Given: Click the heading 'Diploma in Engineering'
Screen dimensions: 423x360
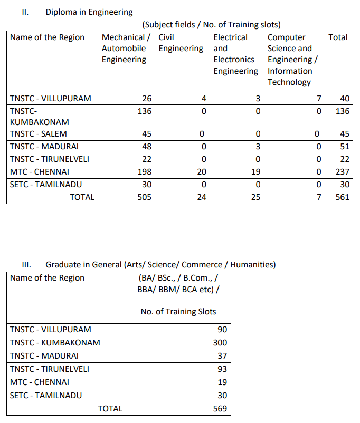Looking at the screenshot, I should coord(89,12).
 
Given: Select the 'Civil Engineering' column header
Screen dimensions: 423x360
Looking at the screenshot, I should coord(181,43).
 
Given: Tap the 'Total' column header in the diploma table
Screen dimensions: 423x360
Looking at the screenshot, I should coord(338,37).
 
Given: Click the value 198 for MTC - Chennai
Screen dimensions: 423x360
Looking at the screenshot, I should coord(144,171).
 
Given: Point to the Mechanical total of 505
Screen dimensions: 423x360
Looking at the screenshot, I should coord(144,197).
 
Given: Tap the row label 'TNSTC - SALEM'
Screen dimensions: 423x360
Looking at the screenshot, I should coord(39,133).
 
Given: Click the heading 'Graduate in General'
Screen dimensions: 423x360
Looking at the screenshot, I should coord(160,264).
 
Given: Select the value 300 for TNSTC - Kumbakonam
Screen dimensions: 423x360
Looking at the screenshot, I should coord(220,342).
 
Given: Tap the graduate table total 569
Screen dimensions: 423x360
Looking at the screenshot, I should coord(220,408).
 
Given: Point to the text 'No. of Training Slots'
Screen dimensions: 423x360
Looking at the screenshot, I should coord(178,311).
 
